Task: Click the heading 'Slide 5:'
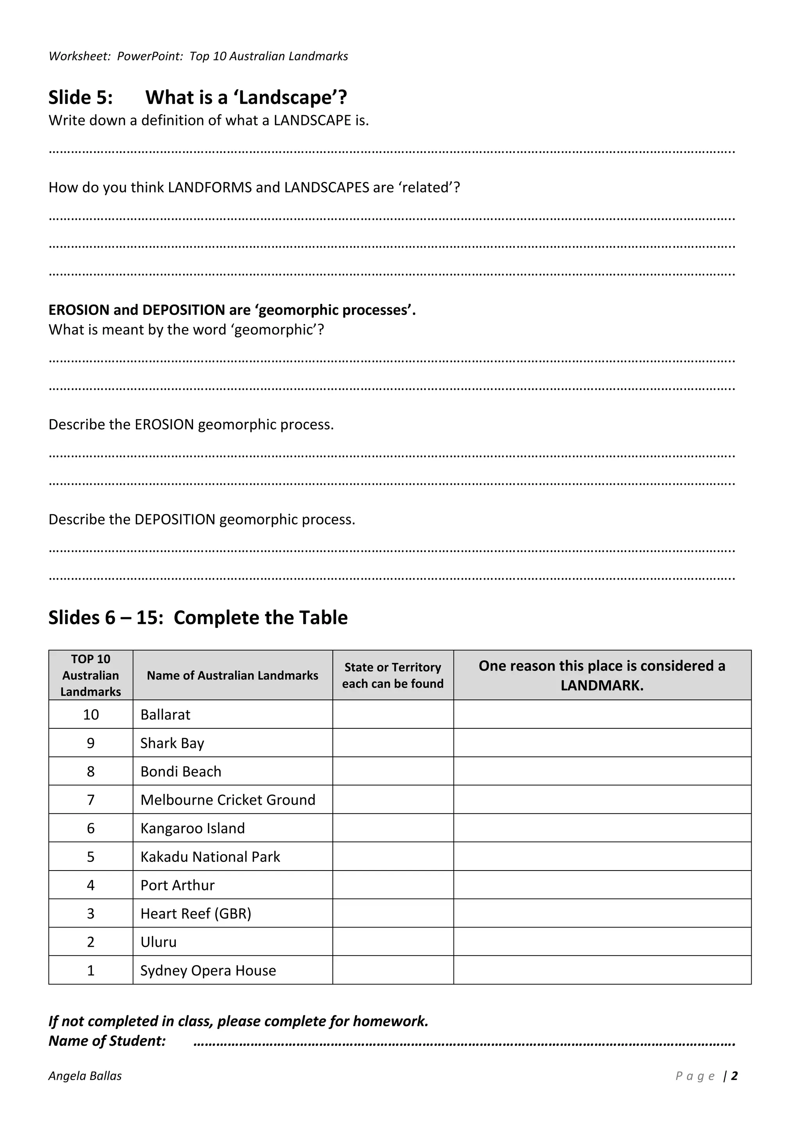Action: tap(81, 98)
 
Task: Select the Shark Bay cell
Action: tap(172, 743)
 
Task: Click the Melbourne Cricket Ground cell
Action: tap(228, 800)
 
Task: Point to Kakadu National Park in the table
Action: tap(210, 857)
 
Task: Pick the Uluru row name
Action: tap(158, 942)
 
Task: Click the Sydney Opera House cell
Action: tap(208, 971)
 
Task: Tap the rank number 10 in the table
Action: tap(91, 715)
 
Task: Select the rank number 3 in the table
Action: tap(91, 914)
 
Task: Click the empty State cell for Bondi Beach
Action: tap(393, 772)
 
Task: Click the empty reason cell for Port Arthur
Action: tap(602, 886)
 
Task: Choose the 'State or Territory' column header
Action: tap(393, 675)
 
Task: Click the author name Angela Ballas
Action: tap(85, 1076)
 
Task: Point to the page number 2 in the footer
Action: tap(734, 1076)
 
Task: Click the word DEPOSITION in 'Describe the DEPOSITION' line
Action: tap(175, 520)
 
